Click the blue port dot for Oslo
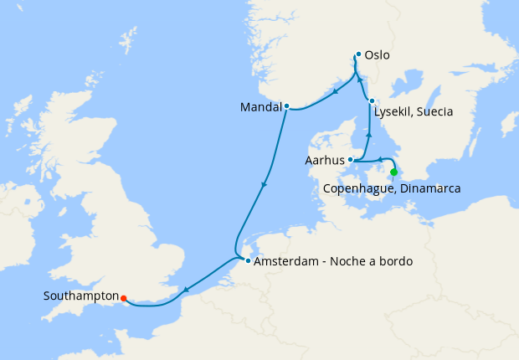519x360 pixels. click(358, 54)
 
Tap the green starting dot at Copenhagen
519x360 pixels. click(394, 172)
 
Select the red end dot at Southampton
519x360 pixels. click(123, 297)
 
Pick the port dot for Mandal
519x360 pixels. click(286, 106)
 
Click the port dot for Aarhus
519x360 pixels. click(351, 159)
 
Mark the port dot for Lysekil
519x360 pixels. click(372, 101)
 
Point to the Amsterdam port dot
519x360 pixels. click(248, 260)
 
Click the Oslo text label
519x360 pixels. click(378, 56)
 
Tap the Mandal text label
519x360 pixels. click(260, 107)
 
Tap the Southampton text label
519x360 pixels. click(80, 296)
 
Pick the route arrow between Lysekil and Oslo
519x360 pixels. click(361, 80)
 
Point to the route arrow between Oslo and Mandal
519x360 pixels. click(335, 92)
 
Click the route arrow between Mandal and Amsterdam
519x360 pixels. click(265, 185)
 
